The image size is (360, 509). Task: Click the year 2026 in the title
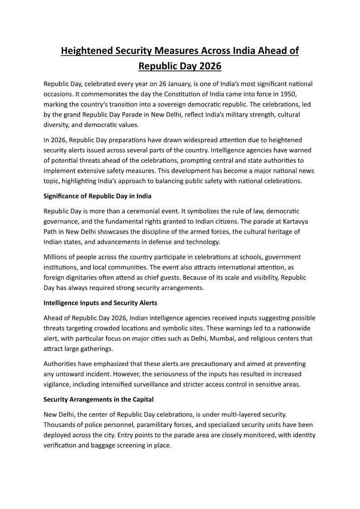pyautogui.click(x=209, y=66)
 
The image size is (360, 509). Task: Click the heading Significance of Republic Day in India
pyautogui.click(x=97, y=196)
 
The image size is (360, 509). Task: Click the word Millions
pyautogui.click(x=57, y=257)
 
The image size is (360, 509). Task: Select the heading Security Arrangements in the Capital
pyautogui.click(x=98, y=399)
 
